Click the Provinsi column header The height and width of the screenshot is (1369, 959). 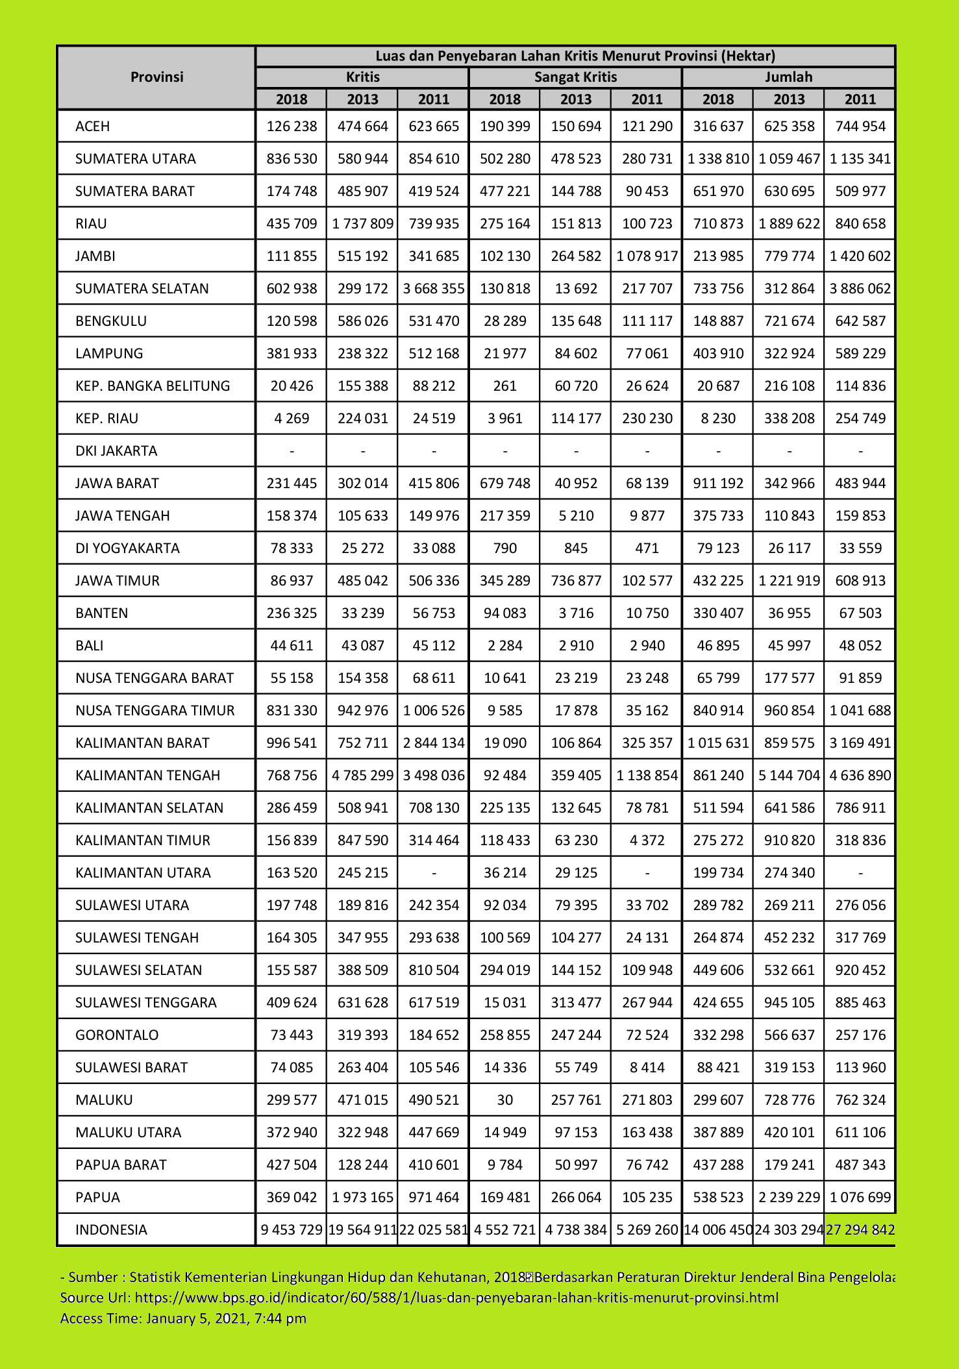coord(156,77)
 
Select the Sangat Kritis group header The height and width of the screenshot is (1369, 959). coord(575,77)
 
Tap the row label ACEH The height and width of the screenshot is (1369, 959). coord(93,126)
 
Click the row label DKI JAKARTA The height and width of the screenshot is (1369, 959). coord(116,450)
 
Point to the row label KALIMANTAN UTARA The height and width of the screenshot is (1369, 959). coord(143,872)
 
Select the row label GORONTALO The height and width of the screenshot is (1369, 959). coord(117,1035)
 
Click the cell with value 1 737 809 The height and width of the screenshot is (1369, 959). coord(362,223)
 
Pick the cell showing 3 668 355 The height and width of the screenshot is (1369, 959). coord(434,288)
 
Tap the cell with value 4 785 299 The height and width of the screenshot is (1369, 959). coord(362,775)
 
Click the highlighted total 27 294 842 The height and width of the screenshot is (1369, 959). coord(860,1229)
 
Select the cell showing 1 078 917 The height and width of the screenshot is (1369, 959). coord(647,256)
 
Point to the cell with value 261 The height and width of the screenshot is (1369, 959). coord(504,386)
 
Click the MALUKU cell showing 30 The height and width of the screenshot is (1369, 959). coord(504,1100)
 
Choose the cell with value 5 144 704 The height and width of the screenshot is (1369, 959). coord(789,775)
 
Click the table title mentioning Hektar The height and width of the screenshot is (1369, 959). coord(575,56)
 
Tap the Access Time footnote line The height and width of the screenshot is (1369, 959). coord(183,1318)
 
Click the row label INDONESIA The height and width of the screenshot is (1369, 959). coord(111,1229)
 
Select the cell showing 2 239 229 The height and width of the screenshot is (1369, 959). coord(789,1197)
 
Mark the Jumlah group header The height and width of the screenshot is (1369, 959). coord(788,77)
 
